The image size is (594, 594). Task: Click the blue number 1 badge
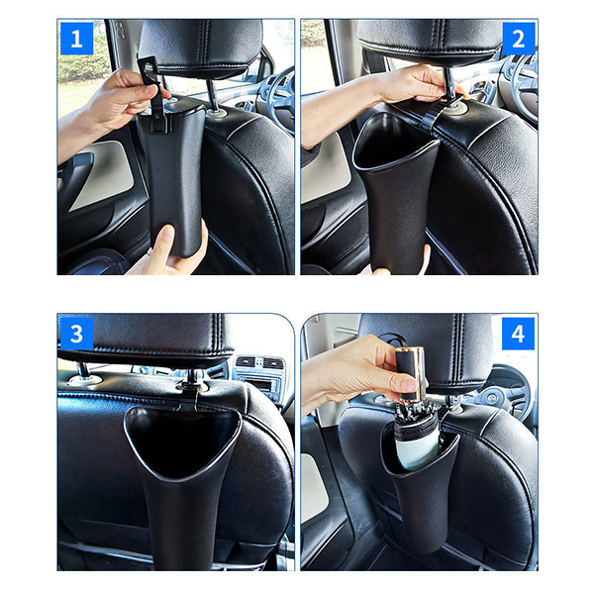click(x=76, y=39)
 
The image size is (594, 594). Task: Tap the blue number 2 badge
click(x=519, y=39)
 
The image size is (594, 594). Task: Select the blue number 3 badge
click(x=76, y=334)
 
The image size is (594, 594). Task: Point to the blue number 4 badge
click(x=518, y=334)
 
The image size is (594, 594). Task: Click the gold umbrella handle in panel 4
click(x=411, y=373)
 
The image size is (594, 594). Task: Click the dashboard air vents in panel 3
click(x=259, y=363)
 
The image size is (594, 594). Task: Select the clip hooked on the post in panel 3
click(x=190, y=391)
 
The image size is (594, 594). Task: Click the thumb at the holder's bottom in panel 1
click(x=164, y=239)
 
